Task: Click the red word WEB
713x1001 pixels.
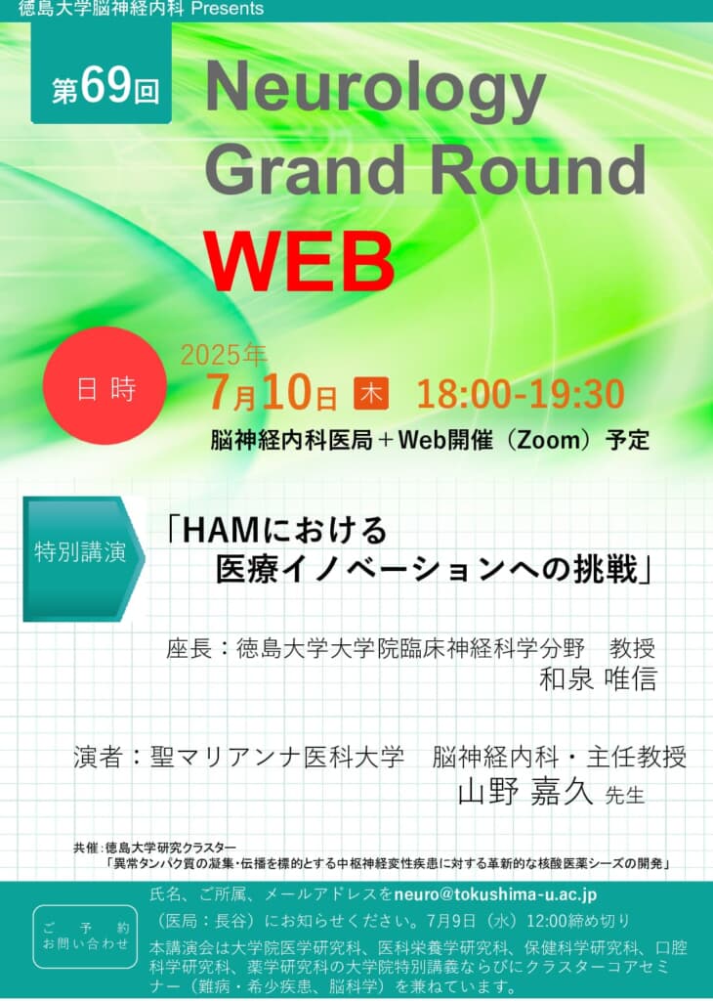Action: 299,261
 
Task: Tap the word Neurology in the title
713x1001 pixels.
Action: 375,91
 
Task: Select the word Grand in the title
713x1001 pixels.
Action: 305,170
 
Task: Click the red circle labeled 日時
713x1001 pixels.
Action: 105,385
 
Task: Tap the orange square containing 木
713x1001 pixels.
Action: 371,394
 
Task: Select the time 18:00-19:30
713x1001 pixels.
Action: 521,394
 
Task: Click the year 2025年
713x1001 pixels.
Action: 224,355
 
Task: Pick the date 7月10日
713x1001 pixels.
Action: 272,393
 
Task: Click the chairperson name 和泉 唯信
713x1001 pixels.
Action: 598,678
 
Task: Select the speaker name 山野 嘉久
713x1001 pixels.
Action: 525,793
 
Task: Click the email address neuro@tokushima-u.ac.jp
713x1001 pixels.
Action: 495,894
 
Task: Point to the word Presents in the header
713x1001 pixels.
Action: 227,8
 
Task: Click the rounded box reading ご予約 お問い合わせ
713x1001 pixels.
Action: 85,936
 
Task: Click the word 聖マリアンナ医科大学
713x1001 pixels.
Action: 276,758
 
